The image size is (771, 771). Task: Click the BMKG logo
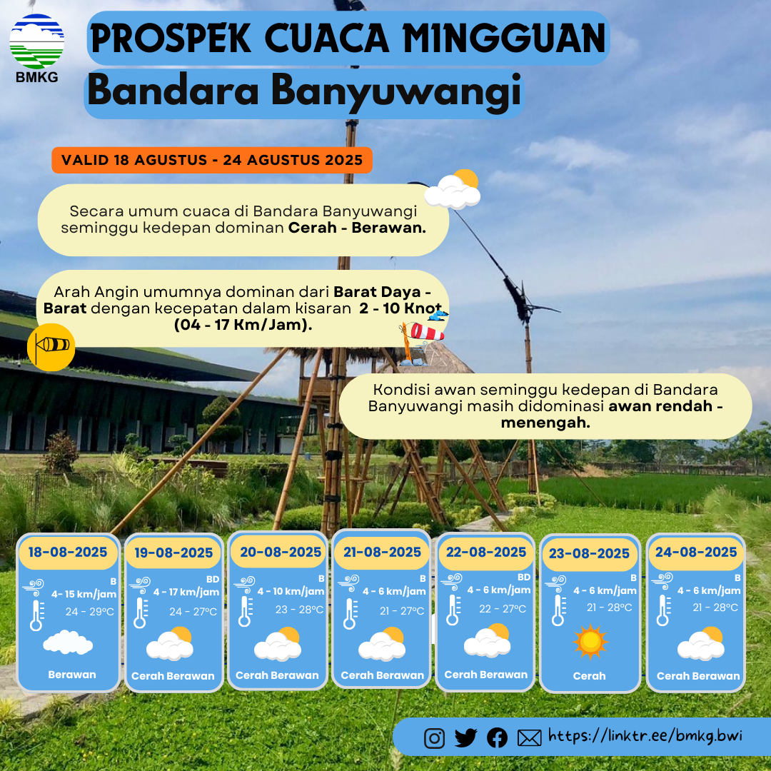coord(37,48)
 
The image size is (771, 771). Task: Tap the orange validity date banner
coord(212,160)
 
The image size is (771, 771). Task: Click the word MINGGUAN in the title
coord(504,39)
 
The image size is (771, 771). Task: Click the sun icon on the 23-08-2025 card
coord(590,641)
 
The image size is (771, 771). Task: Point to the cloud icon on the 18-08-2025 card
coord(68,642)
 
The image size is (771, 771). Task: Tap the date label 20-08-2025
coord(281,552)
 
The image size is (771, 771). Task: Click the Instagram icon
coord(434,738)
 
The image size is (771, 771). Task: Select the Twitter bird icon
coord(465,737)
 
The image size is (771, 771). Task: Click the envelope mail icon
coord(529,738)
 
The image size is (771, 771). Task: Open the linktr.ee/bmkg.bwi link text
coord(645,736)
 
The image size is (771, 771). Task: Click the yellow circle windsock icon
coord(51,347)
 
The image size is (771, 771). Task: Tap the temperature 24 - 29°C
coord(89,612)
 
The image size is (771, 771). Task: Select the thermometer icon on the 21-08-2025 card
coord(350,614)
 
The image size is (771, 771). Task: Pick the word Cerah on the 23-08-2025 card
coord(589,676)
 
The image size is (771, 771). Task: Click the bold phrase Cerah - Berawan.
coord(357,228)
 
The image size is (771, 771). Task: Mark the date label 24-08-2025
coord(696,552)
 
